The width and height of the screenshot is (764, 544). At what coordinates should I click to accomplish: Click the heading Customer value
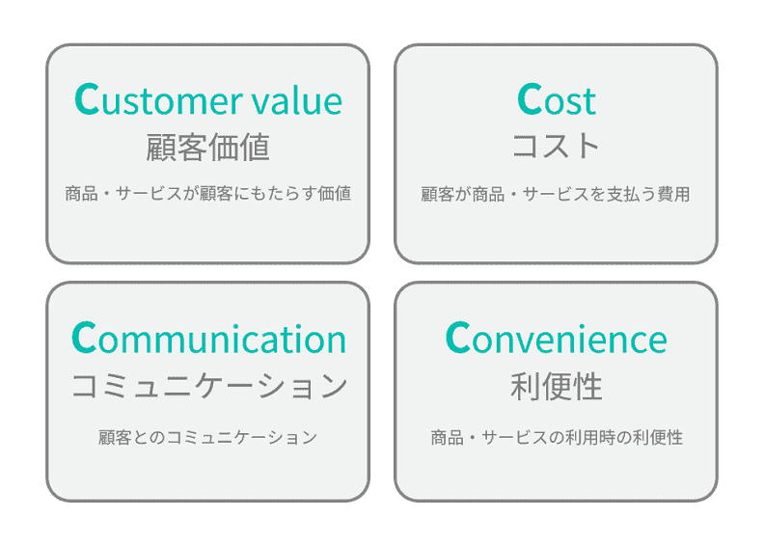(207, 100)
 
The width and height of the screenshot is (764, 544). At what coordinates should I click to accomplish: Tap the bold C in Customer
(86, 99)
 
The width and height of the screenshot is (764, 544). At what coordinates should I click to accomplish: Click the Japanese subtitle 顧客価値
(207, 148)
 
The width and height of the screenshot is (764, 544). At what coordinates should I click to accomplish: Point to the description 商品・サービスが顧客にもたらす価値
(207, 194)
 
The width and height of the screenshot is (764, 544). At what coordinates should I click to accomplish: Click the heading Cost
(557, 100)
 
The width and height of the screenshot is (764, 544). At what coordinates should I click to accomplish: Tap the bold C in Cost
(530, 99)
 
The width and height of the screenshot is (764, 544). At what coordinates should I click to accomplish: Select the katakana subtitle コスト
(557, 147)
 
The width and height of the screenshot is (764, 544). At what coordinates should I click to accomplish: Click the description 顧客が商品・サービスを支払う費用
(557, 194)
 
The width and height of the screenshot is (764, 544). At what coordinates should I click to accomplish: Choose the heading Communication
(208, 340)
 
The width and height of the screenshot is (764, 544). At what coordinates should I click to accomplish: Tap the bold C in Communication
(84, 339)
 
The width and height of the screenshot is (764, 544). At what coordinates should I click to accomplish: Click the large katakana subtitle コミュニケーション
(208, 387)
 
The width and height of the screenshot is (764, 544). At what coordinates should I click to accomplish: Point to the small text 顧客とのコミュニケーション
(207, 437)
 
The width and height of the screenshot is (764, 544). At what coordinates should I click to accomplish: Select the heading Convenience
(557, 340)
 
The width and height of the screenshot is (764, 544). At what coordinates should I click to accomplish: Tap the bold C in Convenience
(457, 339)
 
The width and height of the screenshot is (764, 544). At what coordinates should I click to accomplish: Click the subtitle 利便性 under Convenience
(557, 387)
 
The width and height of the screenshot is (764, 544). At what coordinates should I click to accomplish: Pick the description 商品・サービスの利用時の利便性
(557, 437)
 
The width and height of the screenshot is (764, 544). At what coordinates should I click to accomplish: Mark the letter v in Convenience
(522, 341)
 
